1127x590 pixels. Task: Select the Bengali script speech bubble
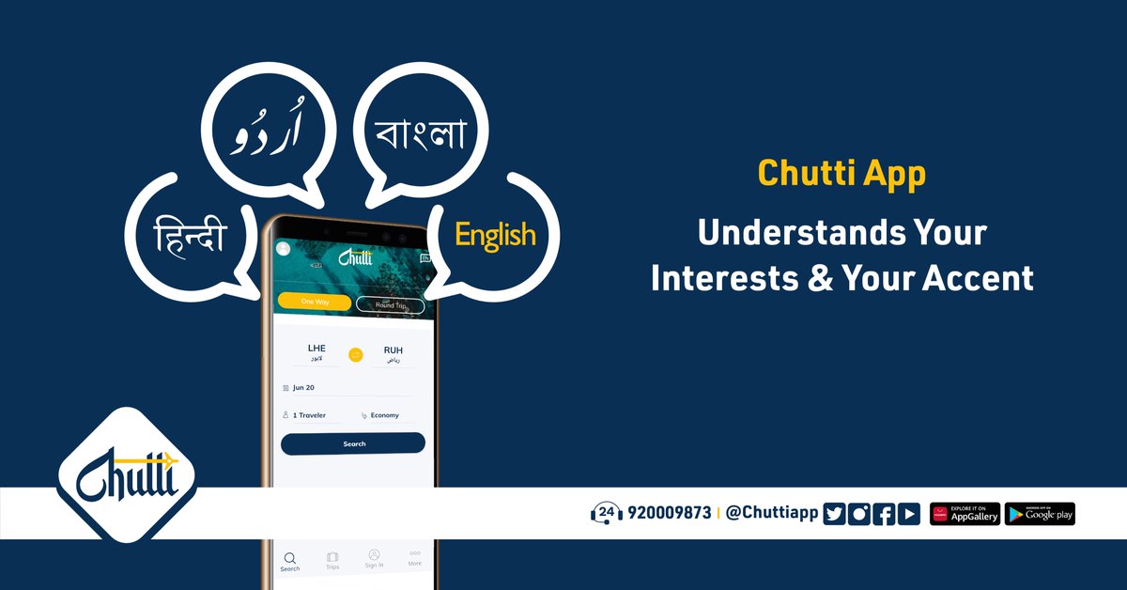click(x=421, y=132)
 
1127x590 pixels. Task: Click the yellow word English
click(x=495, y=234)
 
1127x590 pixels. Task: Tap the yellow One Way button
click(x=314, y=302)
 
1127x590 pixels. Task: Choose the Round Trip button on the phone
click(x=391, y=304)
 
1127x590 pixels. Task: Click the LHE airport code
click(x=316, y=349)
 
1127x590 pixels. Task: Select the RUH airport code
click(x=393, y=350)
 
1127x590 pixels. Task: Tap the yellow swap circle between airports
click(x=355, y=354)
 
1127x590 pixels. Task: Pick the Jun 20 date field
click(x=303, y=387)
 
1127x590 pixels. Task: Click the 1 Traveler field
click(x=309, y=414)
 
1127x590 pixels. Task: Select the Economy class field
click(x=384, y=415)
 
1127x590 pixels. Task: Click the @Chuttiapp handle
click(x=773, y=513)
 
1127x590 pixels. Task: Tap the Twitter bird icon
click(x=834, y=514)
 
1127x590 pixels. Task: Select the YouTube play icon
click(x=908, y=514)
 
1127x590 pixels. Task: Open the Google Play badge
click(x=1040, y=514)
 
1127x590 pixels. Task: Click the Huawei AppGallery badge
click(x=965, y=514)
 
